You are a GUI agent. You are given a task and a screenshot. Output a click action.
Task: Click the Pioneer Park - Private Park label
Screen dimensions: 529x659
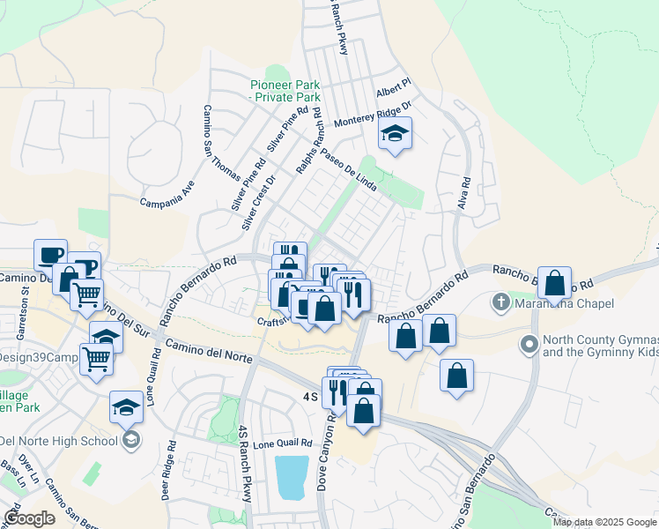[285, 91]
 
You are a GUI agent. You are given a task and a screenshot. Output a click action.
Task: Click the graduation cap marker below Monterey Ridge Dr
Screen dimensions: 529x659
[395, 135]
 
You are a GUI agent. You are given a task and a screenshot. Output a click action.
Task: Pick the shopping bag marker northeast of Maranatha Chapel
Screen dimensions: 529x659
[554, 284]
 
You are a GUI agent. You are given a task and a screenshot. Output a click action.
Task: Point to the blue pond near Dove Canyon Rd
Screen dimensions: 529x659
[292, 477]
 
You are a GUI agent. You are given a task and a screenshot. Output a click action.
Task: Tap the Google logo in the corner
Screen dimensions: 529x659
[30, 518]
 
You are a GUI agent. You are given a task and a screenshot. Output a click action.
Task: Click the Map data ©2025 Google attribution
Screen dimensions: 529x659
[603, 522]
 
